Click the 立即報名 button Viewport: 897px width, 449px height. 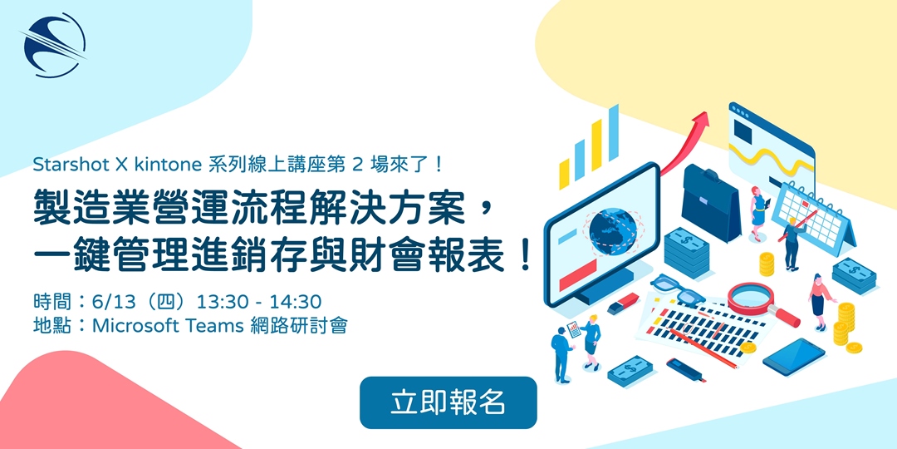click(x=448, y=402)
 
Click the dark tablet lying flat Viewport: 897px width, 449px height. click(x=793, y=356)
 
